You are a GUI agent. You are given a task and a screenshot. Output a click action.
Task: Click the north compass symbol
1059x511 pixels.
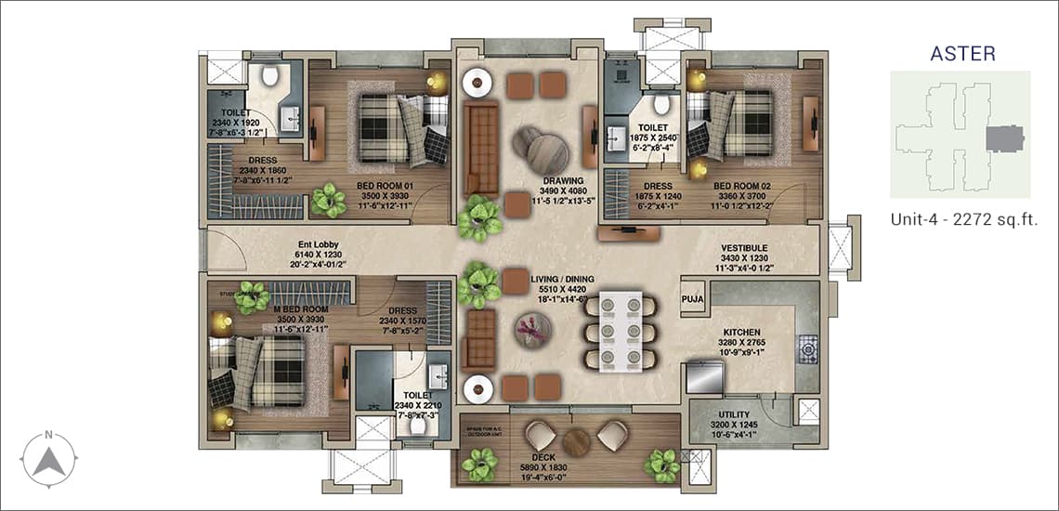[51, 457]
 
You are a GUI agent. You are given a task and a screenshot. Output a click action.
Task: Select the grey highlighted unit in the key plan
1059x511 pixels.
[1002, 140]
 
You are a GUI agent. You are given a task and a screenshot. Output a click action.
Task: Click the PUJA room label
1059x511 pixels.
[692, 298]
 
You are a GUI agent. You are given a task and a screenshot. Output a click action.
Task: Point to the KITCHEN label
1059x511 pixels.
[742, 332]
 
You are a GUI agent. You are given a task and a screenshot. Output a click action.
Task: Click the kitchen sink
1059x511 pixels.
[704, 376]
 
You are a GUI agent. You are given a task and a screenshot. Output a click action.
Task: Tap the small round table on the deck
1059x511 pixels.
[576, 442]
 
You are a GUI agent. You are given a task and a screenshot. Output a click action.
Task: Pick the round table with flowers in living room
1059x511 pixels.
[532, 329]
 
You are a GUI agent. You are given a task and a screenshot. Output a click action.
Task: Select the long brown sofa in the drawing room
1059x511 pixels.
[481, 149]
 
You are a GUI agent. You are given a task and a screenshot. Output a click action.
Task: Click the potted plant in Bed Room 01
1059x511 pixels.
[328, 199]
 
